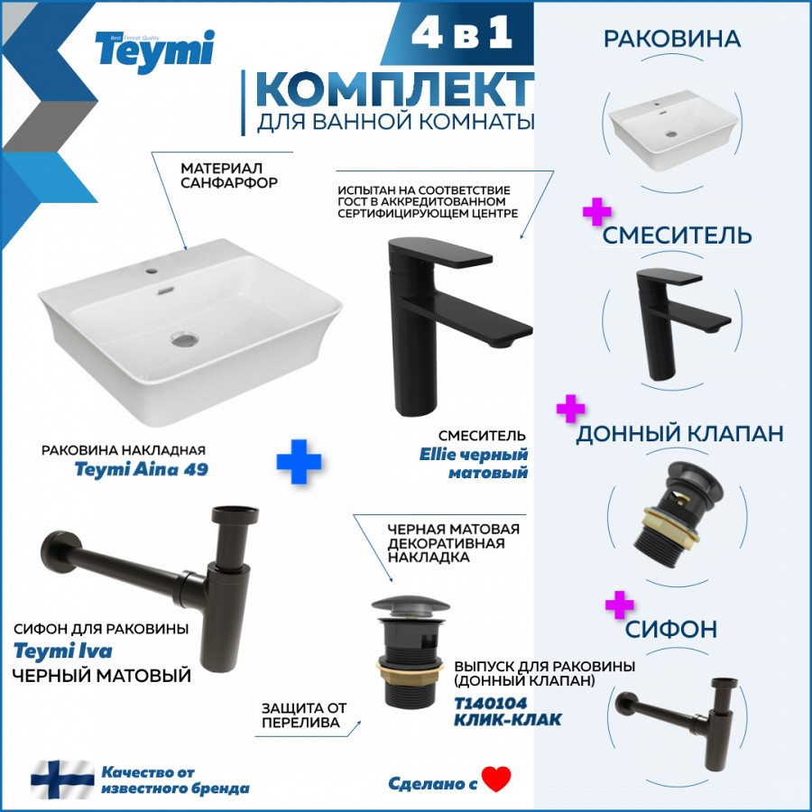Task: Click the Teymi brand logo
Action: (x=154, y=51)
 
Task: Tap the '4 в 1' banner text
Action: (x=461, y=34)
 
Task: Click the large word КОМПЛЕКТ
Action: (x=395, y=89)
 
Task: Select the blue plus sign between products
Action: (x=299, y=462)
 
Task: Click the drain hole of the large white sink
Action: (x=185, y=339)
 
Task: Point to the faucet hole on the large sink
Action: (x=152, y=271)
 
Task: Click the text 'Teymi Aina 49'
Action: (x=141, y=468)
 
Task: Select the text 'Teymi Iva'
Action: (x=62, y=651)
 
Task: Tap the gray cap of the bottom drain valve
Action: (x=411, y=607)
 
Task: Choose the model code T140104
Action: (x=490, y=703)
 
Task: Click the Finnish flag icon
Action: (x=62, y=780)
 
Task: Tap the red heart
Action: (x=496, y=779)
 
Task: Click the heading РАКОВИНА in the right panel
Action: (x=672, y=39)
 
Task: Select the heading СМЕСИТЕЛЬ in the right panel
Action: (x=677, y=235)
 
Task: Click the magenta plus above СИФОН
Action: (x=620, y=604)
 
